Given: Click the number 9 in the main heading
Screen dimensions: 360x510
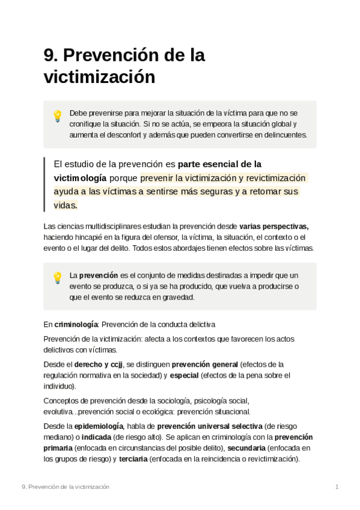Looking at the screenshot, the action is pyautogui.click(x=49, y=55).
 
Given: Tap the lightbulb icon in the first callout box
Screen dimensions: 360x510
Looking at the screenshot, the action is pyautogui.click(x=58, y=116).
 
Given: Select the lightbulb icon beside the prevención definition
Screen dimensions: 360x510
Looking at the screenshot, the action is pyautogui.click(x=58, y=277).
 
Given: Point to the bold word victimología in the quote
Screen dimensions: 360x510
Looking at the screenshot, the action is pyautogui.click(x=80, y=178).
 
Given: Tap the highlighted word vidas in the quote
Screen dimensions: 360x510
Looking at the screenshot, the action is pyautogui.click(x=65, y=204).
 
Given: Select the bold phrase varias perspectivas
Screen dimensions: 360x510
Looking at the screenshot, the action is pyautogui.click(x=273, y=227).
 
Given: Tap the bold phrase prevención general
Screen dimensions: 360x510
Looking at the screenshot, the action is pyautogui.click(x=204, y=364).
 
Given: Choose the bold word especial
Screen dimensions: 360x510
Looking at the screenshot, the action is pyautogui.click(x=184, y=375).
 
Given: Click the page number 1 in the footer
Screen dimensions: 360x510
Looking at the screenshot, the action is pyautogui.click(x=337, y=486).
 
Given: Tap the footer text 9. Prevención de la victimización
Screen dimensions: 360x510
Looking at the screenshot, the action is pyautogui.click(x=65, y=486).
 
